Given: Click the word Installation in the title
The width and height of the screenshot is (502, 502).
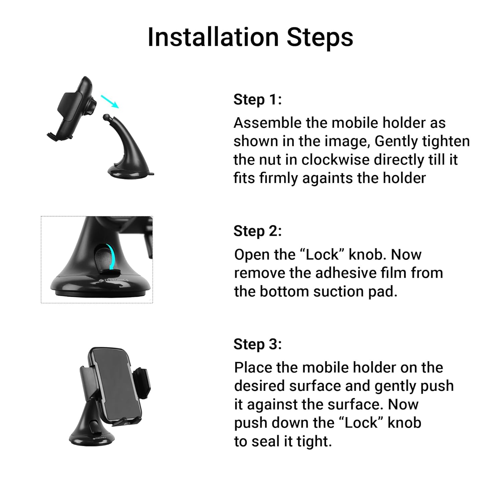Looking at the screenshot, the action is click(213, 37).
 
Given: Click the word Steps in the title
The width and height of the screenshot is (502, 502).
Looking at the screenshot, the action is click(320, 37).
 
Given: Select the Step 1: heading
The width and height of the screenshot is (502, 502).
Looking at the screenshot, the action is click(258, 99).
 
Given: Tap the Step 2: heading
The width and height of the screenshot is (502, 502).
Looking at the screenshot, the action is click(258, 231).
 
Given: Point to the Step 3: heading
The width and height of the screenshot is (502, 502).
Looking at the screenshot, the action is click(258, 344).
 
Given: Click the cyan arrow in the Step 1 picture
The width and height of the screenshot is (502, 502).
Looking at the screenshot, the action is click(110, 101).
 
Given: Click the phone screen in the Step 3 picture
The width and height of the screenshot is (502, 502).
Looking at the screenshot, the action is click(117, 385).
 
